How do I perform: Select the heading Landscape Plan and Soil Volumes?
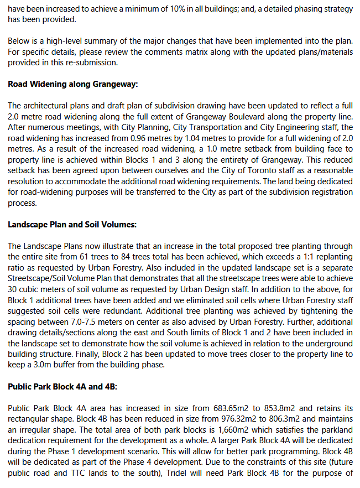pos(72,225)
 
